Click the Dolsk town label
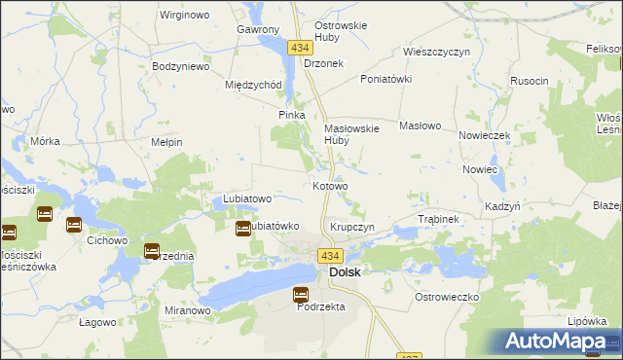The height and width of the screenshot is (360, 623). tap(346, 272)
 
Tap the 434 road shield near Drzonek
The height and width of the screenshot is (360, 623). tap(299, 47)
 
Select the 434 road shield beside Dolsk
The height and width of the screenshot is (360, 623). tap(329, 256)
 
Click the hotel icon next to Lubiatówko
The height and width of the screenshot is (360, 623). tap(242, 228)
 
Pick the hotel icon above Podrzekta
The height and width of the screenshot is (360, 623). tap(301, 295)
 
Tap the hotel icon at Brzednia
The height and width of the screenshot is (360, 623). tap(152, 251)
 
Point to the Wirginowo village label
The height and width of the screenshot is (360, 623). tap(186, 17)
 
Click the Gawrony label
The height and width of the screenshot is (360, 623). tap(258, 30)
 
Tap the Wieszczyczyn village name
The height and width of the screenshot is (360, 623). tap(437, 52)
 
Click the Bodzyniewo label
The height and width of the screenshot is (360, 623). tap(182, 67)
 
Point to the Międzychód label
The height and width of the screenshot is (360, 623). tap(253, 85)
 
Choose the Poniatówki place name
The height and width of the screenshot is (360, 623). tap(386, 79)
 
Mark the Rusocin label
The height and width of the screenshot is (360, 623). tap(529, 81)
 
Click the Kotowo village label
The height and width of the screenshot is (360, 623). tap(330, 186)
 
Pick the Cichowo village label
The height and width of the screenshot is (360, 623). tap(108, 239)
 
